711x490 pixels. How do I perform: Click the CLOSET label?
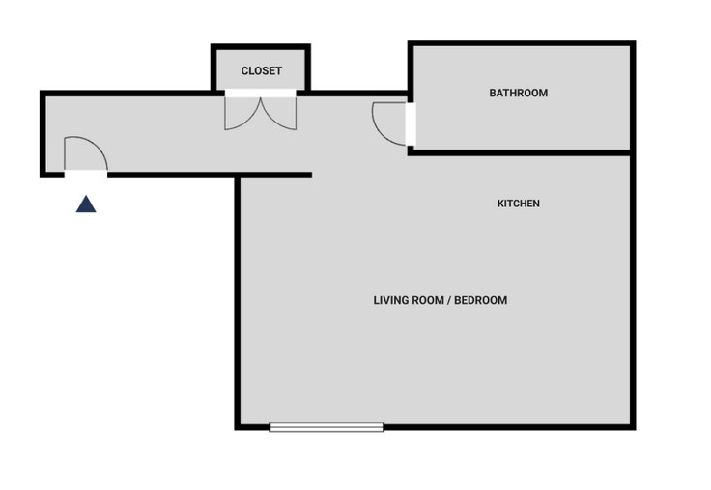pos(261,70)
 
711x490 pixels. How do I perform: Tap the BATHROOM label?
pos(519,93)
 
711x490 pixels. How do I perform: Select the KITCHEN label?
pos(519,204)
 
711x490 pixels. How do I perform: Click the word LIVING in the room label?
pos(389,300)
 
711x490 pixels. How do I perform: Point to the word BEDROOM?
pos(481,300)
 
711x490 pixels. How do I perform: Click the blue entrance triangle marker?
pos(86,204)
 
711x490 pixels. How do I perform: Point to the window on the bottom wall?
pos(327,427)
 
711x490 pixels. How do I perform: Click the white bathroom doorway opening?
pos(411,124)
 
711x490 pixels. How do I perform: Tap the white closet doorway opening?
pos(260,94)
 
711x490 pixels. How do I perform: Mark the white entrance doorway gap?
pos(86,175)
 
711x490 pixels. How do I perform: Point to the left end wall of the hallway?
pos(43,134)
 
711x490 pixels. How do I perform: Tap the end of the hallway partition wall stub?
pos(311,175)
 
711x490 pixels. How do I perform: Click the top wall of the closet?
pos(261,46)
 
